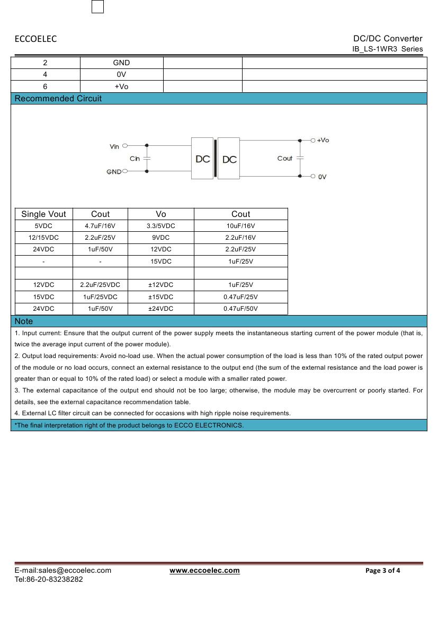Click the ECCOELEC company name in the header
point(35,39)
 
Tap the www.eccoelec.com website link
point(204,570)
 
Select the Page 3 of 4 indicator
point(383,570)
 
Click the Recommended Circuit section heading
point(58,98)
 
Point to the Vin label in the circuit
point(114,146)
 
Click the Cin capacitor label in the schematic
point(135,159)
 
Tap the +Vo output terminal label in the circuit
point(323,140)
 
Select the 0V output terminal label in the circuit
point(323,177)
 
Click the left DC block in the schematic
point(202,159)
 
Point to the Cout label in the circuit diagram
point(284,158)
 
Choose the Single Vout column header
point(43,214)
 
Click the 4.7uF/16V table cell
point(100,226)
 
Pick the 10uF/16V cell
point(240,226)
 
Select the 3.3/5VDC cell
point(160,226)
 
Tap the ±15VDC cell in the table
point(160,297)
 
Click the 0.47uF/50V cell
point(240,309)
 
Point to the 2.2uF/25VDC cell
point(100,285)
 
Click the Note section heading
point(24,321)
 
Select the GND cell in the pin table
point(121,63)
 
